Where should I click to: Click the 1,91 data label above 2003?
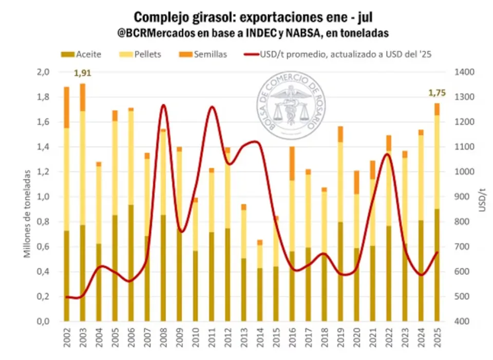coord(83,73)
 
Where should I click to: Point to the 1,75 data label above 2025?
coord(437,93)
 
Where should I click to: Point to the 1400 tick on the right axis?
coord(464,72)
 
